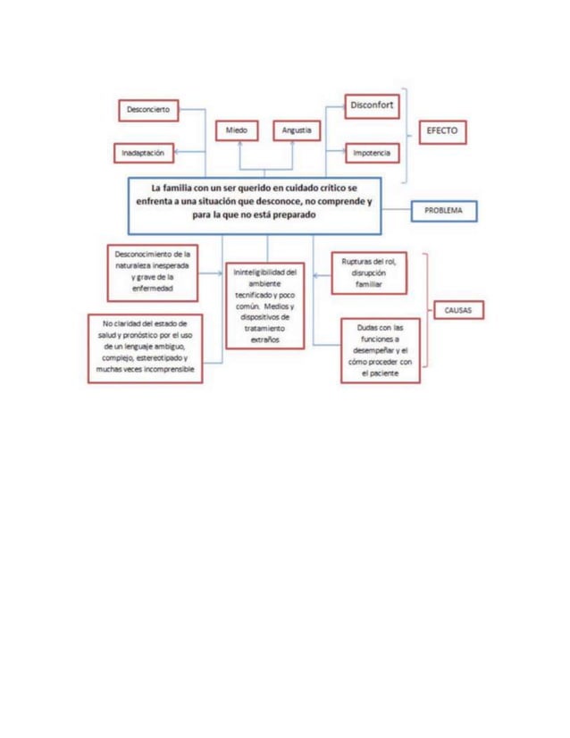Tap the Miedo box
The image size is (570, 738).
coord(237,130)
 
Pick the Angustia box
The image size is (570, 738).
coord(296,130)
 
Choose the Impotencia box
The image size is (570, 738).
coord(372,154)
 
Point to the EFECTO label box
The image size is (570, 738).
coord(442,130)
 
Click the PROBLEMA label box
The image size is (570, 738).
coord(444,211)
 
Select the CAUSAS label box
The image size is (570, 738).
coord(458,310)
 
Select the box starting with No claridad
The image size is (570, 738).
coord(145,347)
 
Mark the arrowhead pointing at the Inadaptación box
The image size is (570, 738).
coord(177,154)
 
